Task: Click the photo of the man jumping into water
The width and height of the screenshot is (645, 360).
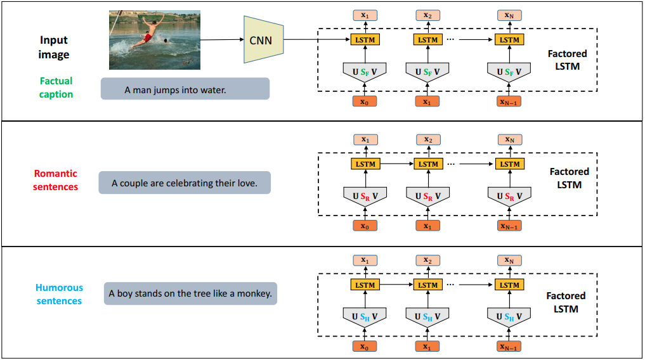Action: [155, 39]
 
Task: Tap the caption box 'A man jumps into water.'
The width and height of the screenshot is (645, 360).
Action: [185, 89]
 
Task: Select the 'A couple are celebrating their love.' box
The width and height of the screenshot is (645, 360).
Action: [185, 183]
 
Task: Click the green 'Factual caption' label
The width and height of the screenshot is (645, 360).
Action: [56, 87]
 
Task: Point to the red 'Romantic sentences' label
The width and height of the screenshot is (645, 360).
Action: [56, 180]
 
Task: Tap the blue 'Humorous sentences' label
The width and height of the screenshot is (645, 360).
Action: [59, 294]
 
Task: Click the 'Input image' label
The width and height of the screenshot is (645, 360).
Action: [54, 48]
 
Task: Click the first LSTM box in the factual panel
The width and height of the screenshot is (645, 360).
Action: [365, 40]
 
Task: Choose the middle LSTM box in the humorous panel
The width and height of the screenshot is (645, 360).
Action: [428, 285]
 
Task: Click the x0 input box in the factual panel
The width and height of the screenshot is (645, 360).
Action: [365, 101]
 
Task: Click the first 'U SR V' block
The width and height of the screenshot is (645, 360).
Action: [365, 196]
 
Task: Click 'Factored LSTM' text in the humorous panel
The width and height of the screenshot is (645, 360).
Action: [566, 302]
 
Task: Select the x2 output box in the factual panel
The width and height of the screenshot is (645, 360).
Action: [428, 15]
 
